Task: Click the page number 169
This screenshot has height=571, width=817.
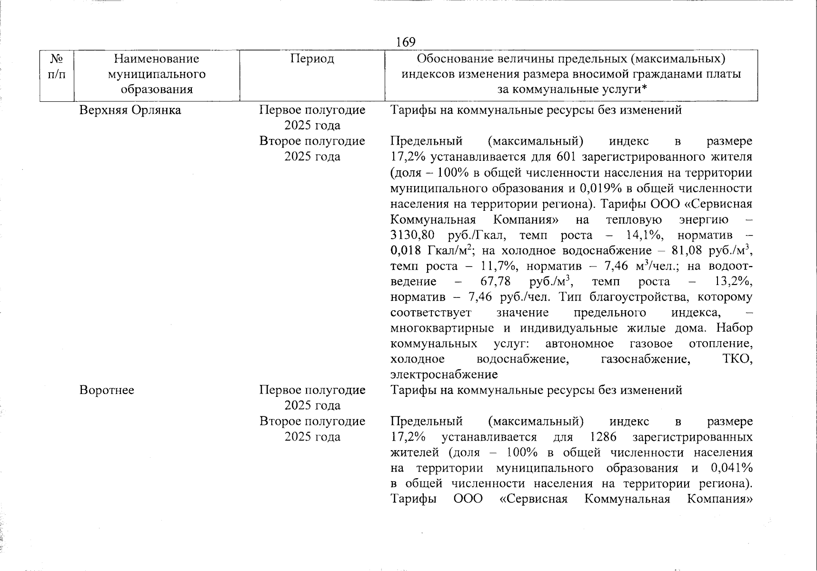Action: point(406,42)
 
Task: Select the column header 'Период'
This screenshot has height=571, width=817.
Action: point(312,59)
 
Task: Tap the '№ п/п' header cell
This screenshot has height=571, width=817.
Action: point(57,67)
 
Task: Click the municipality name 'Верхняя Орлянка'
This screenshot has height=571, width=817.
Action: point(130,110)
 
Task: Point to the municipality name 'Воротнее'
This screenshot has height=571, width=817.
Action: point(107,390)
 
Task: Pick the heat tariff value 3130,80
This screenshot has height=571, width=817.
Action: point(413,235)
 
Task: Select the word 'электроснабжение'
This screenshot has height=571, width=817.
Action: point(444,374)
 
